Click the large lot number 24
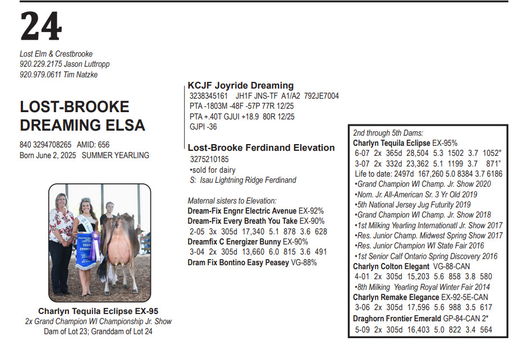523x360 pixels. point(40,26)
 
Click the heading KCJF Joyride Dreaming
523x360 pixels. point(241,86)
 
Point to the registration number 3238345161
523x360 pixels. point(209,96)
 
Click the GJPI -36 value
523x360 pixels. point(204,127)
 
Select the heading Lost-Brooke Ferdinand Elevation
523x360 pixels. point(261,148)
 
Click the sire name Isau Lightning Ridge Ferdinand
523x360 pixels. point(247,180)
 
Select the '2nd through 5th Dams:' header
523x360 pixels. point(388,133)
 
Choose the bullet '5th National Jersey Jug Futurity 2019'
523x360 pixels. point(413,205)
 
